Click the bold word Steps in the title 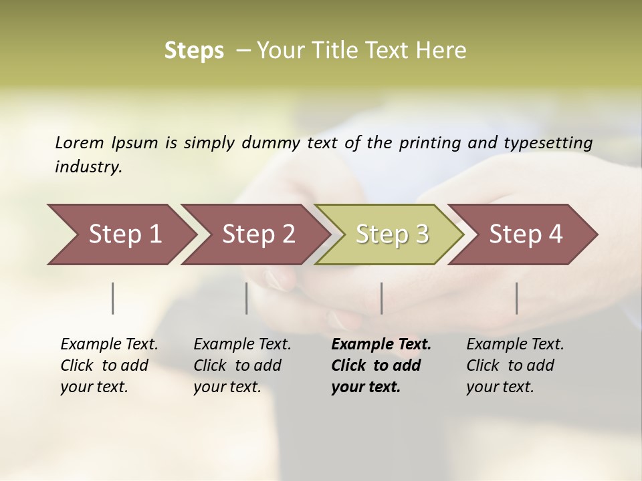[194, 51]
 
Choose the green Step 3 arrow [392, 234]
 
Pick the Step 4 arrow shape [526, 234]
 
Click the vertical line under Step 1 [113, 298]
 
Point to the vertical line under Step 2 [247, 298]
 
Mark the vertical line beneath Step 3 [381, 298]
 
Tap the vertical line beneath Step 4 [516, 298]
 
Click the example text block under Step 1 [109, 365]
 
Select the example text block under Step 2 [242, 365]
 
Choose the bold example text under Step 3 [381, 365]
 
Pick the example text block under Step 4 [515, 365]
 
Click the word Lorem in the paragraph [80, 142]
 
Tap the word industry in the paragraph [88, 167]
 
